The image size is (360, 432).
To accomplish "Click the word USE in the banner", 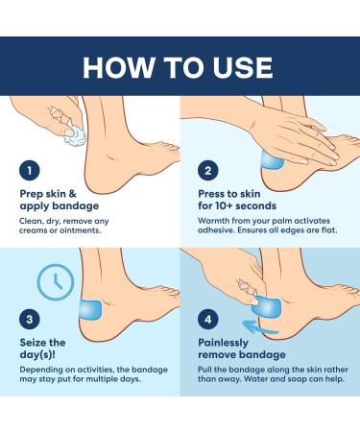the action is tap(243, 67).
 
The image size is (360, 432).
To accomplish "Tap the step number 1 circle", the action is tap(30, 171).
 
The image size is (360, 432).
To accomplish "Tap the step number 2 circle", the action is tap(208, 171).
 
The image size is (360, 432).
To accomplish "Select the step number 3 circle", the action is tap(30, 319).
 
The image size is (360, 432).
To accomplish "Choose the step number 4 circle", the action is tap(208, 319).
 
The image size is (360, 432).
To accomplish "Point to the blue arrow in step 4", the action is tap(260, 327).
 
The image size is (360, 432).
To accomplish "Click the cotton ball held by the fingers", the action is tap(75, 136).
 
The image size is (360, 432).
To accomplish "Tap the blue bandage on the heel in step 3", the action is tap(90, 309).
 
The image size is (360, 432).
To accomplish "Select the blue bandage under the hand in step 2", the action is tap(272, 161).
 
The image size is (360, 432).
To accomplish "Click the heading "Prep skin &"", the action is tap(48, 194).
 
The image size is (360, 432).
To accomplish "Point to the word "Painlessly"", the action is tap(224, 343).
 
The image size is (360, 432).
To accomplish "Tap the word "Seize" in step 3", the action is tap(34, 343).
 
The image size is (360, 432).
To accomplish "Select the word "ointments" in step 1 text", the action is tap(83, 230).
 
